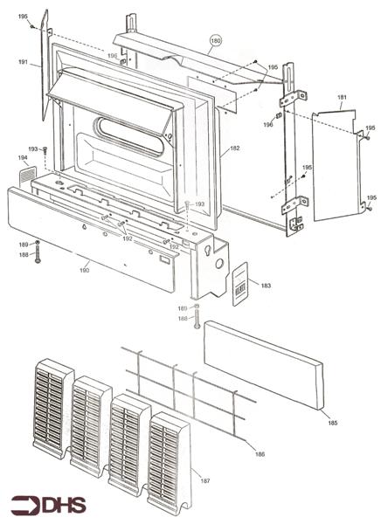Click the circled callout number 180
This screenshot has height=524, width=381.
pos(216,40)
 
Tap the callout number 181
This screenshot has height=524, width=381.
pos(343,97)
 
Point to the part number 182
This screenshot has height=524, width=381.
pos(234,149)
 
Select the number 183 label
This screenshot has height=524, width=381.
pos(266,286)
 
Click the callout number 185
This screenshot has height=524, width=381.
pos(331,424)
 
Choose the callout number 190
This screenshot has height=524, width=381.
pos(84,271)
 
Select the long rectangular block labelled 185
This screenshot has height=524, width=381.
pos(263,367)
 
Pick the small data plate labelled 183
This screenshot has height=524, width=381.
pos(240,285)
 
